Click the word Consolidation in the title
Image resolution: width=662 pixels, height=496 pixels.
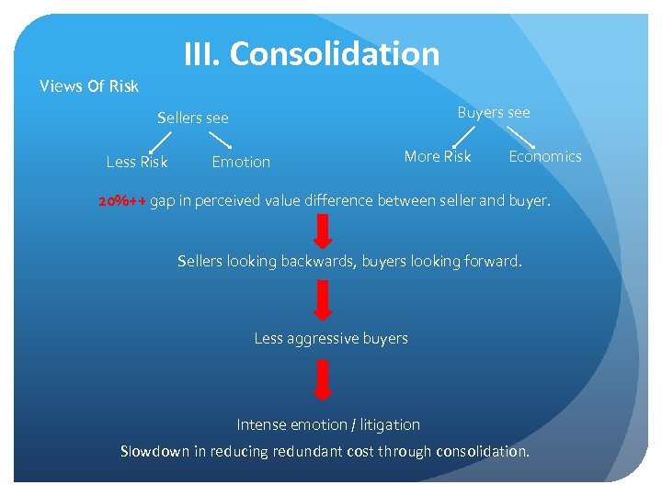point(335,53)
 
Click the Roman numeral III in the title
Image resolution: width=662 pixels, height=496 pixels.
point(201,53)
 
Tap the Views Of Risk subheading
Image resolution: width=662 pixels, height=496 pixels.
point(89,86)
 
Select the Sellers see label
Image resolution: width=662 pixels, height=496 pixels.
point(193,118)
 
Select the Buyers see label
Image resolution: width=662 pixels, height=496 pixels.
point(494,112)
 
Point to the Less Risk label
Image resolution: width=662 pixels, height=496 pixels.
point(137,162)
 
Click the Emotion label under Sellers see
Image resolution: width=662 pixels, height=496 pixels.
point(241,162)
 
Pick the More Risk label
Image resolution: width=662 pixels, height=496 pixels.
point(438,156)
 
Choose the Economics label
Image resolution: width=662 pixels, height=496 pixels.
point(545,156)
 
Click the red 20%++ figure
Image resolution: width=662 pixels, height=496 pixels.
point(122,200)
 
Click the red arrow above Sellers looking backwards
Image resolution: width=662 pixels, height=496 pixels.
point(323,231)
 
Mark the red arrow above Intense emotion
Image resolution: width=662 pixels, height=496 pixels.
point(323,380)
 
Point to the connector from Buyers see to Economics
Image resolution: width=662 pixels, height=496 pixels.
point(521,136)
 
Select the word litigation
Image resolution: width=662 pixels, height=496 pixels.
point(390,424)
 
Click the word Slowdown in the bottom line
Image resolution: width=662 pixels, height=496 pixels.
point(154,451)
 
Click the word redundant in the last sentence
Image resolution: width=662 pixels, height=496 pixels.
point(331,451)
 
